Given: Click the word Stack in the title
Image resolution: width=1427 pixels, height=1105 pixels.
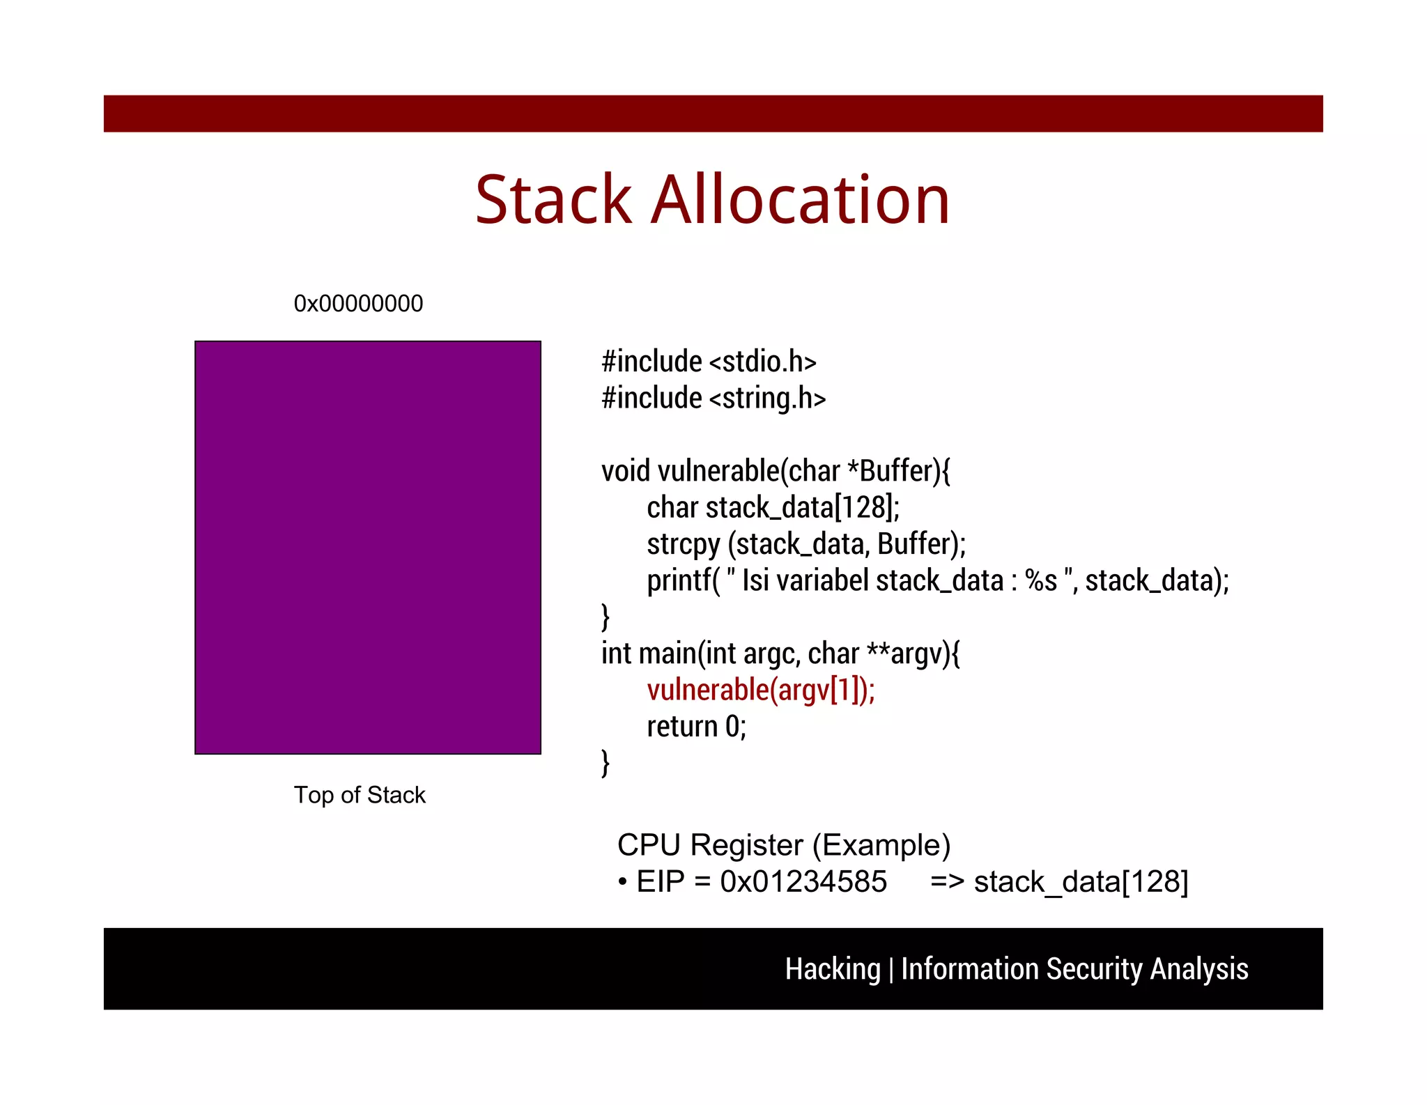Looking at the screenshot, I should click(x=553, y=200).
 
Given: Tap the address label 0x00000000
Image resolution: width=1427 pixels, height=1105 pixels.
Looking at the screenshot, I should click(x=358, y=304).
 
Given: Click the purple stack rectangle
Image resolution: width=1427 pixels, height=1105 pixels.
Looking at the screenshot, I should click(x=368, y=548).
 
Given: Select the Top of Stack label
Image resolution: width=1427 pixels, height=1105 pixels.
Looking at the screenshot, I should click(x=360, y=795).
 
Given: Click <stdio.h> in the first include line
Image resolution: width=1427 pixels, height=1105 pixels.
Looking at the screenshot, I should click(x=762, y=362).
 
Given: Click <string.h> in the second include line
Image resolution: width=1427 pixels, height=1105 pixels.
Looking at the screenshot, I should click(x=767, y=399).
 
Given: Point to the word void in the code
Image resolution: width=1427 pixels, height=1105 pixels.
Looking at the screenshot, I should click(x=625, y=472).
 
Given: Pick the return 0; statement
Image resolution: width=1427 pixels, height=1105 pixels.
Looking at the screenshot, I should click(x=696, y=727).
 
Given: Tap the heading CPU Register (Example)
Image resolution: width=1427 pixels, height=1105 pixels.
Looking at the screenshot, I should click(x=784, y=845).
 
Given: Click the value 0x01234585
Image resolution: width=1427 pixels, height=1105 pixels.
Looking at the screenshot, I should click(x=803, y=882).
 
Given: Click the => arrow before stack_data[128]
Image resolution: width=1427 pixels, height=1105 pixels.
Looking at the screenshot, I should click(x=947, y=882).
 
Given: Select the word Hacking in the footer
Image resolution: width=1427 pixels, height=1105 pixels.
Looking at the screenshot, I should click(x=833, y=969).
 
